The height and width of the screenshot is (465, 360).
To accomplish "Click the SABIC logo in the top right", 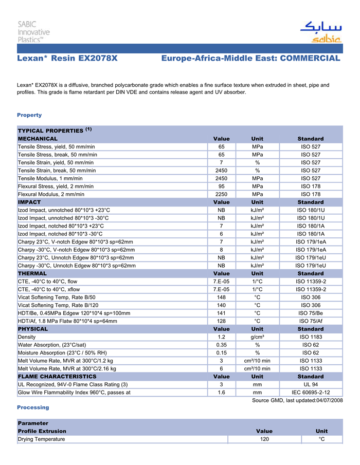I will tap(320, 32).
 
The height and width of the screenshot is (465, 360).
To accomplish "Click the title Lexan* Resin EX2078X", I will tap(67, 58).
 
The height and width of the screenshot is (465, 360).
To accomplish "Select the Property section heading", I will tap(29, 115).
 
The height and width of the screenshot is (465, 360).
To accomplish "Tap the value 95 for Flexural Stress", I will tap(221, 186).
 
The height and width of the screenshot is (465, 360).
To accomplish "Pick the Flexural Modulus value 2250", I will tap(221, 194).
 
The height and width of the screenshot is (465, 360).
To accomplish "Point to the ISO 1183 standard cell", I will tap(311, 337).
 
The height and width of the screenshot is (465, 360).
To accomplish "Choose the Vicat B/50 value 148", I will tap(221, 297).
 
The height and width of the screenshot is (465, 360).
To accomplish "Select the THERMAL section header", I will tap(32, 273).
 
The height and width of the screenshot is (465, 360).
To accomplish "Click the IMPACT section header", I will tap(29, 202).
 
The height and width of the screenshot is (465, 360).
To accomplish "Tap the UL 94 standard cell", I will tap(311, 384).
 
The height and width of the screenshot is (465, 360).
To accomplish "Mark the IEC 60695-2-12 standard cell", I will tap(311, 393).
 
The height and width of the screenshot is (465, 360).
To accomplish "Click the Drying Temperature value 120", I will tap(264, 439).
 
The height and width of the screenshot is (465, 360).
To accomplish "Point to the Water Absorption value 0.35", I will tap(221, 345).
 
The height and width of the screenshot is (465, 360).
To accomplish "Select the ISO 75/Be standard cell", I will tap(311, 313).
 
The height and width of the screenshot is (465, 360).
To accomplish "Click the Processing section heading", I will tap(33, 407).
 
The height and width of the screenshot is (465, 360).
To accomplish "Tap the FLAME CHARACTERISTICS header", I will tap(57, 376).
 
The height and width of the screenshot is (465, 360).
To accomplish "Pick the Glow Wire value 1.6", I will tap(221, 393).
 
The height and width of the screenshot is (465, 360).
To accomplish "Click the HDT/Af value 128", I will tap(221, 321).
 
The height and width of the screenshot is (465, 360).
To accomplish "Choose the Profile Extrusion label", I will tap(42, 431).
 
